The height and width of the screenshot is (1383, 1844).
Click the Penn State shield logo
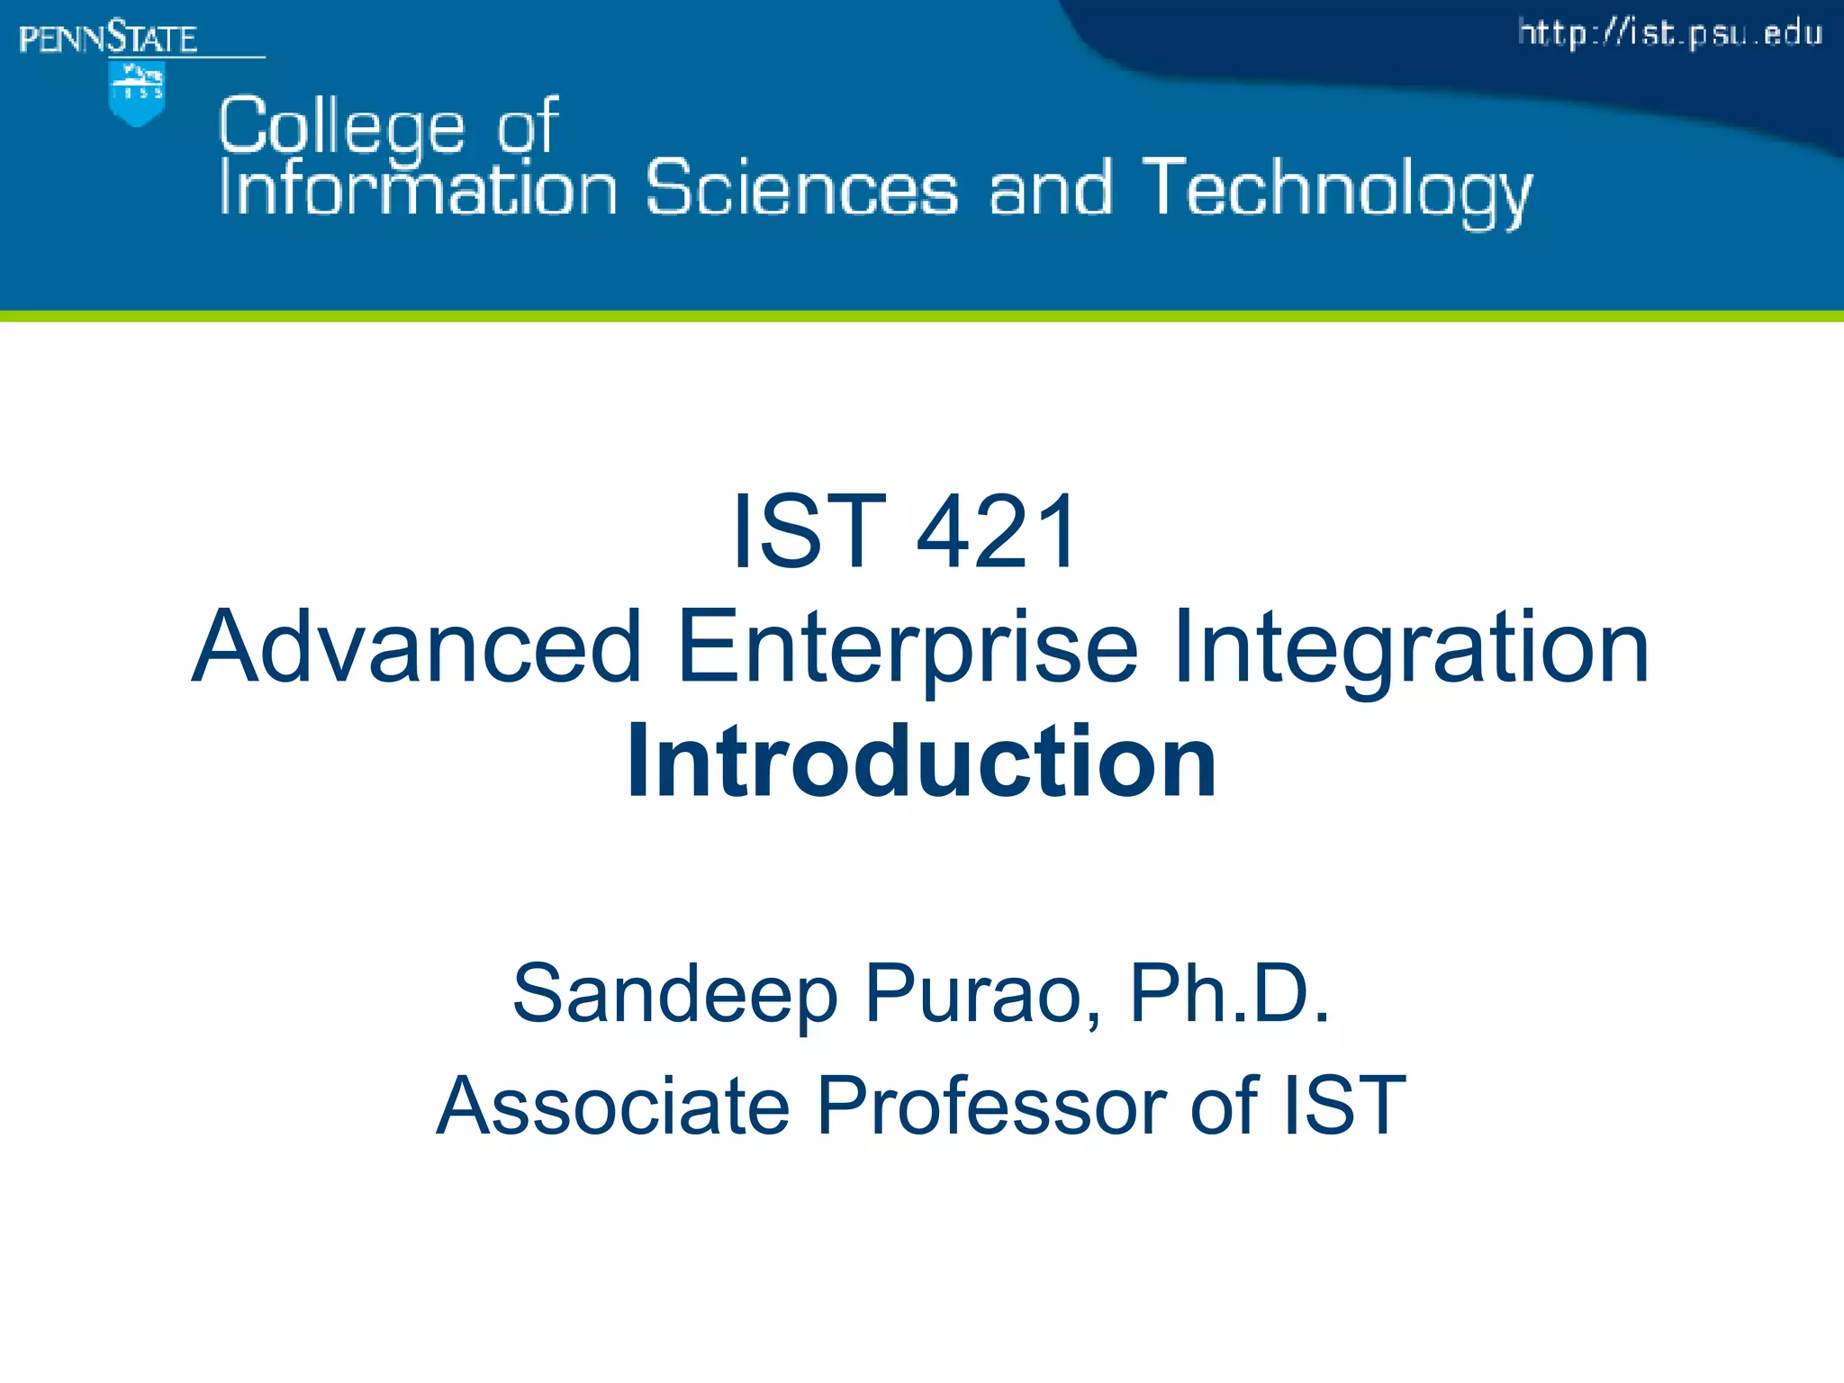click(x=136, y=94)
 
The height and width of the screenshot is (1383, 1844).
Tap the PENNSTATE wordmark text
click(x=108, y=39)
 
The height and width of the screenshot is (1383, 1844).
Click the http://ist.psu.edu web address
click(x=1670, y=34)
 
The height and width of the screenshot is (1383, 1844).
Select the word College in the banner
click(x=341, y=126)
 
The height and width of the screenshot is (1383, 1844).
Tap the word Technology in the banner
click(x=1337, y=191)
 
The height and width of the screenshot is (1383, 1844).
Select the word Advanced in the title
click(x=418, y=646)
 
